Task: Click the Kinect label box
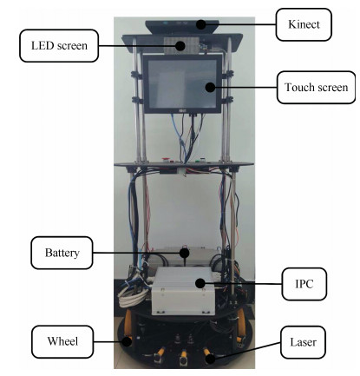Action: tap(304, 24)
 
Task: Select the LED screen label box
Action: tap(59, 45)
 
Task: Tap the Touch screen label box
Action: tap(316, 87)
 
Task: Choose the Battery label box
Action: tap(62, 253)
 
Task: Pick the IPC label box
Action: tap(304, 284)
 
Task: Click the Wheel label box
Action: tap(62, 341)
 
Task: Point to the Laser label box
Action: tap(303, 342)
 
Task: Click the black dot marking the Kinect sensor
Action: tap(201, 24)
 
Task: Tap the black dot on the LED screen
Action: tap(180, 46)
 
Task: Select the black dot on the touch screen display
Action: tap(211, 87)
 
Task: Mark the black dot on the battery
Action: tap(184, 253)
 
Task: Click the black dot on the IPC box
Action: tap(200, 283)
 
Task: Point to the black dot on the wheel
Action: tap(127, 341)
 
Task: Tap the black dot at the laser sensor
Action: tap(210, 360)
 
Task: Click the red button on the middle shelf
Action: tap(166, 159)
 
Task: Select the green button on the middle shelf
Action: tap(199, 160)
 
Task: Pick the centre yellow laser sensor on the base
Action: tap(183, 357)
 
